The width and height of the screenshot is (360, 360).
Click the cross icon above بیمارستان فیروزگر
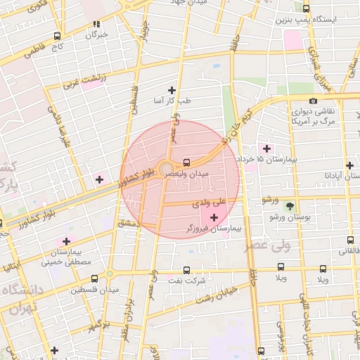214,218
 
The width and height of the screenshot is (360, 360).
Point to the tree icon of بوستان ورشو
290,205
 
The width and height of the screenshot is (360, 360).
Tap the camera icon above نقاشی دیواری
313,101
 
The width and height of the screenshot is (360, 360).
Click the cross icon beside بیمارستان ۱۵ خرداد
266,148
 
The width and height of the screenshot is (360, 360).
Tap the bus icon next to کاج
57,35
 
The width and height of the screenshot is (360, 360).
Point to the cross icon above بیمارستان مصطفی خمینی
66,241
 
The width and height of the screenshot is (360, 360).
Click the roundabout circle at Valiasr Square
166,169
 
